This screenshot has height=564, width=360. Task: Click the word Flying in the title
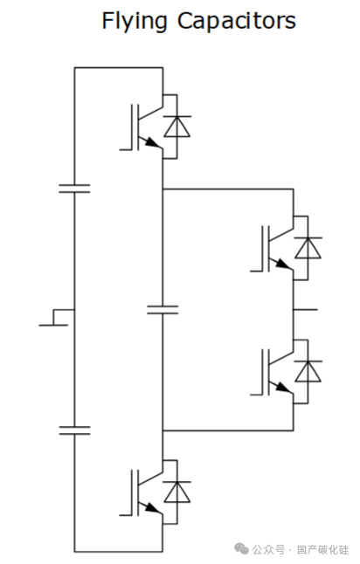pyautogui.click(x=135, y=22)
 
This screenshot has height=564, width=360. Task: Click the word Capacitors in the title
pyautogui.click(x=237, y=20)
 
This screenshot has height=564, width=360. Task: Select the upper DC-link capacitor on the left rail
pyautogui.click(x=74, y=189)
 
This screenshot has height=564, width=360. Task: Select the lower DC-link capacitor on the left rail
pyautogui.click(x=74, y=430)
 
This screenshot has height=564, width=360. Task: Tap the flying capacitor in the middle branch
pyautogui.click(x=163, y=310)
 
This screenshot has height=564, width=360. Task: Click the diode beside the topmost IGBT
pyautogui.click(x=177, y=127)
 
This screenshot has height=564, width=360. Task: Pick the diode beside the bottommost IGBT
pyautogui.click(x=177, y=492)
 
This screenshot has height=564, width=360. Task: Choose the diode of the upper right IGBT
pyautogui.click(x=308, y=248)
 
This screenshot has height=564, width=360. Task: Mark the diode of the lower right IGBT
pyautogui.click(x=308, y=371)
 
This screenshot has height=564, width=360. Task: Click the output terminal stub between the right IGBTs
pyautogui.click(x=306, y=309)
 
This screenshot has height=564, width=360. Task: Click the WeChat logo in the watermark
pyautogui.click(x=241, y=548)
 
